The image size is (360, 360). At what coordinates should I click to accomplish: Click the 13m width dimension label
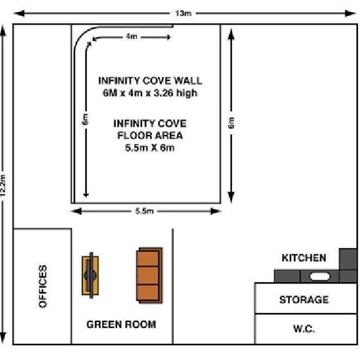183,14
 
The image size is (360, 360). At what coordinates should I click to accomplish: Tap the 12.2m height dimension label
3,186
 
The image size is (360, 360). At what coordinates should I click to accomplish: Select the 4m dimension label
132,36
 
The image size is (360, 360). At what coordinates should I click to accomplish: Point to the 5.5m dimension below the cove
145,211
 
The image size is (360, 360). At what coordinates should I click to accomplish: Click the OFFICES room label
42,286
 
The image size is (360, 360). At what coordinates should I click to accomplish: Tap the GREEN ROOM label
122,325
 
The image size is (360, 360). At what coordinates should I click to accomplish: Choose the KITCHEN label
303,258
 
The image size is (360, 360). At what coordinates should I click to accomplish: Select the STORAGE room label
303,300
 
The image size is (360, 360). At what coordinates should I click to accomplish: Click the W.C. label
303,328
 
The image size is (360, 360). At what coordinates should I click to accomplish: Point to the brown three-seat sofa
149,275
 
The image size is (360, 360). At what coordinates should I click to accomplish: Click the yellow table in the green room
91,275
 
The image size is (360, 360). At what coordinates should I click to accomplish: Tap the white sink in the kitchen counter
320,276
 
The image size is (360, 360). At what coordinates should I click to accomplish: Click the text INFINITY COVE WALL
150,81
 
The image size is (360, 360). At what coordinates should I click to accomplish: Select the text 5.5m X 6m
150,147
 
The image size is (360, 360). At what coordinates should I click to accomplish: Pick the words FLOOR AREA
150,136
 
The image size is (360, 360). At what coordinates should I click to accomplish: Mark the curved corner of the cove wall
82,34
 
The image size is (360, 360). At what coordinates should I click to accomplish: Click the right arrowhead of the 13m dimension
350,14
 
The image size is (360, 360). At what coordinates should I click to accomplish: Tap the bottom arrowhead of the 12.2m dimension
3,338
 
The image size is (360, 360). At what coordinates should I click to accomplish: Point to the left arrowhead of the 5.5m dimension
76,211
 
